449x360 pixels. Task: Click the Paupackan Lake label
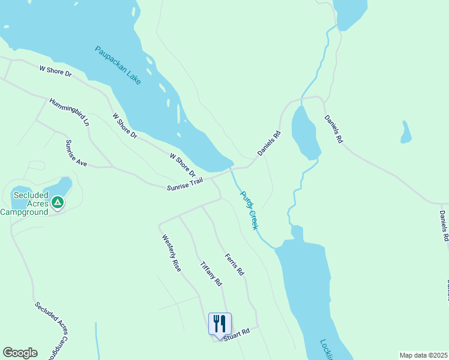click(118, 65)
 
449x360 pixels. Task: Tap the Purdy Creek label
click(249, 210)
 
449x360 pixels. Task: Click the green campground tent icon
click(57, 203)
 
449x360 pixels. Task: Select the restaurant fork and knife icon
click(220, 323)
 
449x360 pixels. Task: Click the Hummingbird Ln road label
click(69, 112)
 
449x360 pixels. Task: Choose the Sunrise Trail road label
click(185, 184)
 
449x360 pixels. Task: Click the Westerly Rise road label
click(171, 253)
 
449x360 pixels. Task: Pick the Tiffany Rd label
click(211, 273)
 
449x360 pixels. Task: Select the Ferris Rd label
click(234, 265)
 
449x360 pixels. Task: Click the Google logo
click(20, 353)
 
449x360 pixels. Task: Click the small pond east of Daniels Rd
click(406, 133)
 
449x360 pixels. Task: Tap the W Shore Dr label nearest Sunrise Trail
click(182, 165)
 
